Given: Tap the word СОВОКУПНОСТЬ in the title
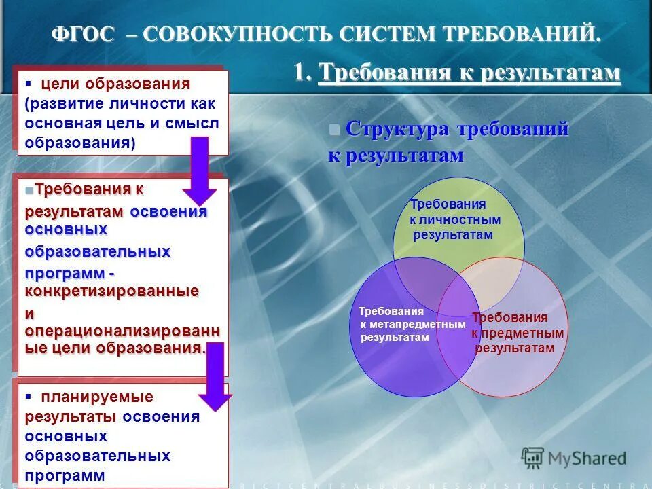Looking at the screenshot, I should click(x=241, y=34).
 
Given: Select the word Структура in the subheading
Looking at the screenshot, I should click(x=397, y=129).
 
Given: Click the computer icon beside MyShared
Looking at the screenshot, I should click(x=534, y=457).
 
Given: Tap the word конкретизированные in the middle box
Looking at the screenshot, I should click(x=112, y=291).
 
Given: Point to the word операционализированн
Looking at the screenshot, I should click(x=122, y=331).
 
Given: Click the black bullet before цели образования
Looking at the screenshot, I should click(x=29, y=84).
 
